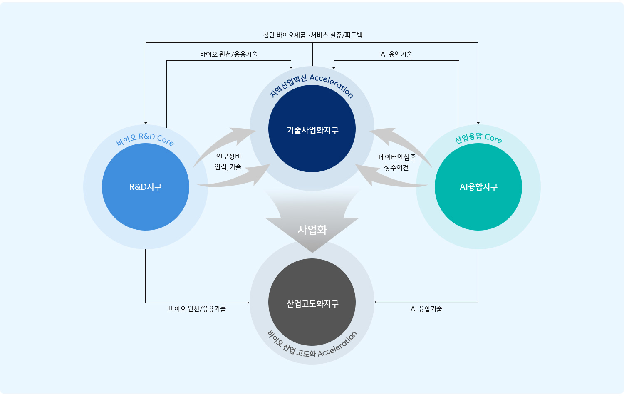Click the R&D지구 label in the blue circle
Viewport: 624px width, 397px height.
(x=145, y=187)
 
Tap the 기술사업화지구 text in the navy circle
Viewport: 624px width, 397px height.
(x=312, y=130)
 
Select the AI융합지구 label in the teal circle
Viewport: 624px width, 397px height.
(x=478, y=187)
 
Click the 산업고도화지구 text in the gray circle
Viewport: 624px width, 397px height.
(x=312, y=304)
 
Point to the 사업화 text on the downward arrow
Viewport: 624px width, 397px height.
(x=312, y=230)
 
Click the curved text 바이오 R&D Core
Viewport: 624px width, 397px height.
(x=145, y=138)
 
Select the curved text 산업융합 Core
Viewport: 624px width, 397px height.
(x=478, y=138)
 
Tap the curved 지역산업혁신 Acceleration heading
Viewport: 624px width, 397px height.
(x=312, y=84)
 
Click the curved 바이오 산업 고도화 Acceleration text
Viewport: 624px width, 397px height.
(x=312, y=348)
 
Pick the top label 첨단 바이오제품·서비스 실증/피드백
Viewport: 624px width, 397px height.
(x=312, y=35)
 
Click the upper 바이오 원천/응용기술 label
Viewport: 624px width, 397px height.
(x=228, y=54)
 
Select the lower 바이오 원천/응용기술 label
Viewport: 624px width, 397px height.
(x=197, y=309)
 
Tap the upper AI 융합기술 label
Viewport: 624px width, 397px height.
(x=396, y=54)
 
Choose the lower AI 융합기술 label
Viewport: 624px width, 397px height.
(x=426, y=309)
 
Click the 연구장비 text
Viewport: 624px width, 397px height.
(x=228, y=156)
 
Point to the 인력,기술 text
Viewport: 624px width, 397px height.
(x=228, y=167)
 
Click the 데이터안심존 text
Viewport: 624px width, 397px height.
(x=397, y=157)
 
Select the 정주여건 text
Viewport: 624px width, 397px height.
(x=396, y=167)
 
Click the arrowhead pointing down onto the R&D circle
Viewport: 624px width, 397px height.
(x=146, y=123)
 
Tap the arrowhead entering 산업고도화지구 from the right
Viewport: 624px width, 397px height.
(x=376, y=302)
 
